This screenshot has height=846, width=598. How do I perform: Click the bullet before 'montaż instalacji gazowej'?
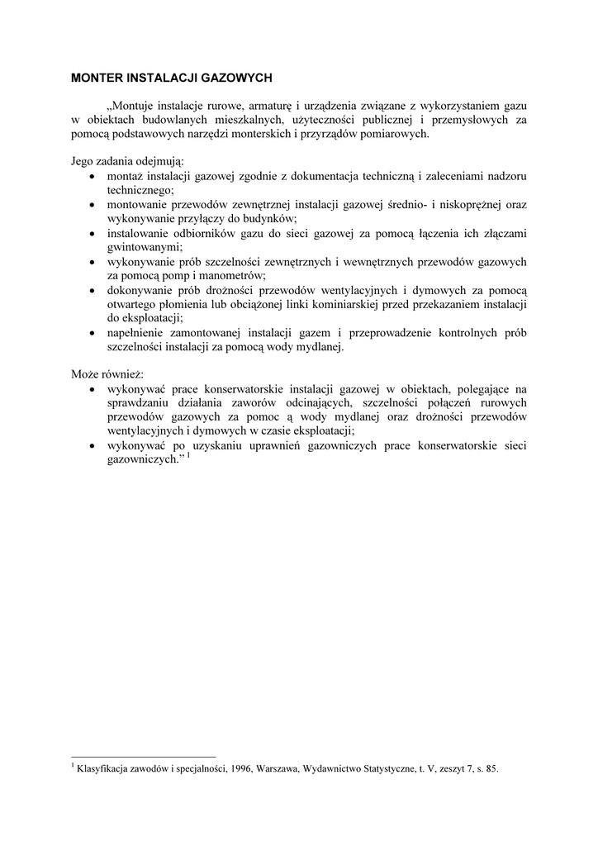tap(90, 177)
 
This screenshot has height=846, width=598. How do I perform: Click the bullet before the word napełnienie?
tap(90, 332)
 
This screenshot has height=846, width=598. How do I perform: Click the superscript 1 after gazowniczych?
tap(188, 454)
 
